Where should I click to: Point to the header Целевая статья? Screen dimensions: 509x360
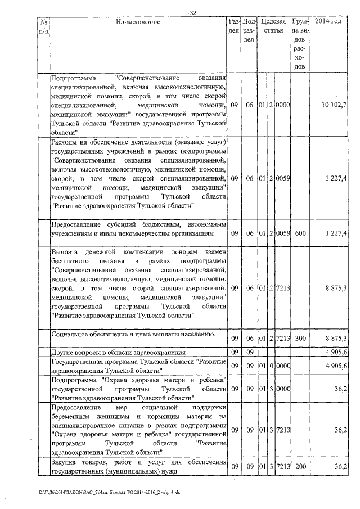(x=273, y=26)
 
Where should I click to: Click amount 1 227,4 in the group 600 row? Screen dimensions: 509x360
(x=336, y=233)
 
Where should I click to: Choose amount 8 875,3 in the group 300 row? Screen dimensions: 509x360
(x=336, y=338)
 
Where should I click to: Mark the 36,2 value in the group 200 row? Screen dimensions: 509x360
(x=341, y=466)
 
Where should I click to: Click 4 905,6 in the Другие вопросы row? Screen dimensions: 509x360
(x=336, y=352)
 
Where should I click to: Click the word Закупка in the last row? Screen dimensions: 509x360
(x=65, y=462)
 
